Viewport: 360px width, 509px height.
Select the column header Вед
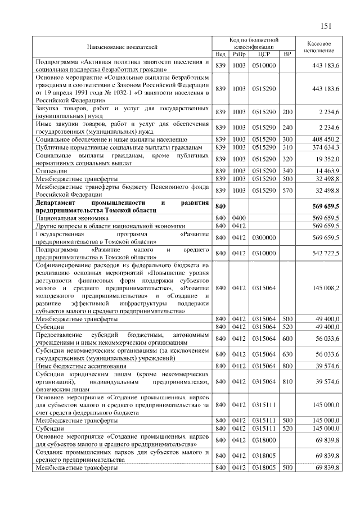pyautogui.click(x=220, y=54)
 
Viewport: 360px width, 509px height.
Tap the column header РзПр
pyautogui.click(x=239, y=54)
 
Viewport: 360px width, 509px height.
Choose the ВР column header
pyautogui.click(x=287, y=54)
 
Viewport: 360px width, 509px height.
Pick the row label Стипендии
pyautogui.click(x=52, y=170)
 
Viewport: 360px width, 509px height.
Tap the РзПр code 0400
pyautogui.click(x=239, y=217)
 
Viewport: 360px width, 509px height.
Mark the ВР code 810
pyautogui.click(x=287, y=381)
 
